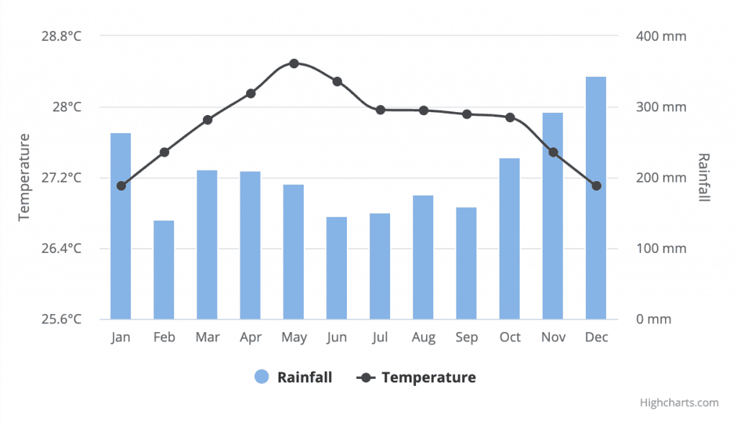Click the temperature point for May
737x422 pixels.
(x=294, y=63)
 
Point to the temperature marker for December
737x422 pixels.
(x=596, y=185)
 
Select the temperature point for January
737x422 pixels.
(x=121, y=185)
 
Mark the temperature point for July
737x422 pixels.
(x=380, y=110)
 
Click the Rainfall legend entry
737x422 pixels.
(x=294, y=377)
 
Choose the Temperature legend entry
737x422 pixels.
(x=417, y=377)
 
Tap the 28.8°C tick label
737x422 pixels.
(x=61, y=36)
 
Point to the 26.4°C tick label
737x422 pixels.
(x=61, y=249)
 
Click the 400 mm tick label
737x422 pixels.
(x=661, y=36)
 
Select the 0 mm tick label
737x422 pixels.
(x=654, y=319)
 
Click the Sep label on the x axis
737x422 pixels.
(x=466, y=337)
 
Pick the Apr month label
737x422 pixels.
(x=250, y=337)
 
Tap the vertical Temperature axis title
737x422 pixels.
(x=24, y=177)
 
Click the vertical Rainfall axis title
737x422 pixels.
(x=704, y=177)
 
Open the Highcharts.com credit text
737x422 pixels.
(x=679, y=403)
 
